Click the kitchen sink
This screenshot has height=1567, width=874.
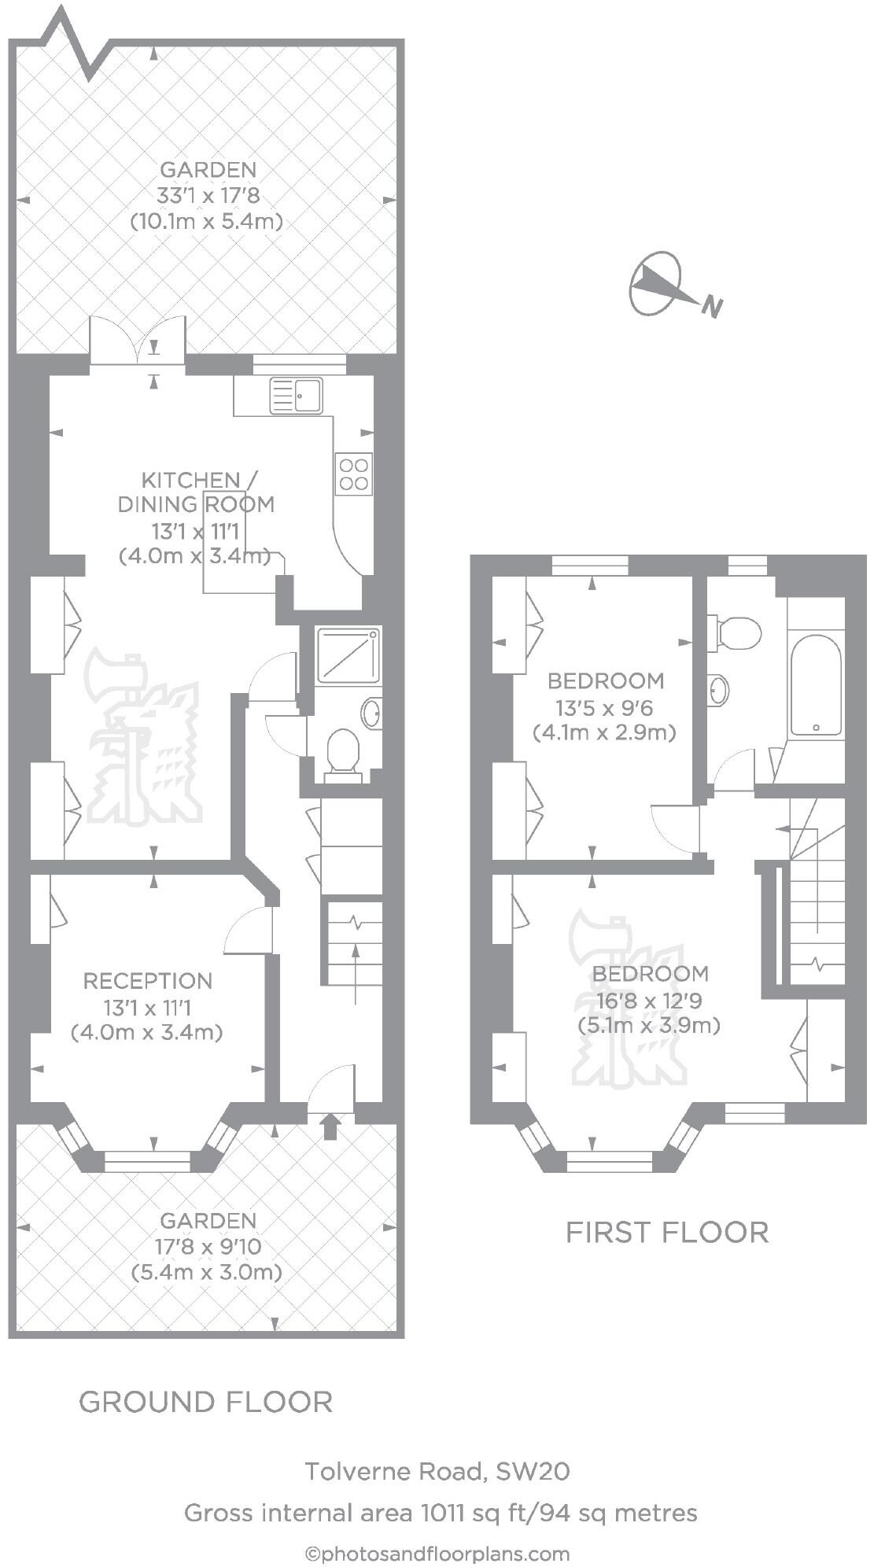pyautogui.click(x=296, y=396)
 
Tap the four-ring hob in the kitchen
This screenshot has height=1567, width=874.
pyautogui.click(x=354, y=474)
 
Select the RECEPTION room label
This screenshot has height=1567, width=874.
pyautogui.click(x=148, y=981)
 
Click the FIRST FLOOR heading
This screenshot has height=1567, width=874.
pyautogui.click(x=667, y=1232)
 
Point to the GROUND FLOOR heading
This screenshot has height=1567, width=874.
pyautogui.click(x=206, y=1402)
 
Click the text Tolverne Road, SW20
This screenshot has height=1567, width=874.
pyautogui.click(x=437, y=1471)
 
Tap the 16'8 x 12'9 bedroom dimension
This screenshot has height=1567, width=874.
pyautogui.click(x=650, y=1001)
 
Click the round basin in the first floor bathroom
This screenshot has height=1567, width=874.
pyautogui.click(x=718, y=690)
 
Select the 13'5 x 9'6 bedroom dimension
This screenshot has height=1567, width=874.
pyautogui.click(x=604, y=708)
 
